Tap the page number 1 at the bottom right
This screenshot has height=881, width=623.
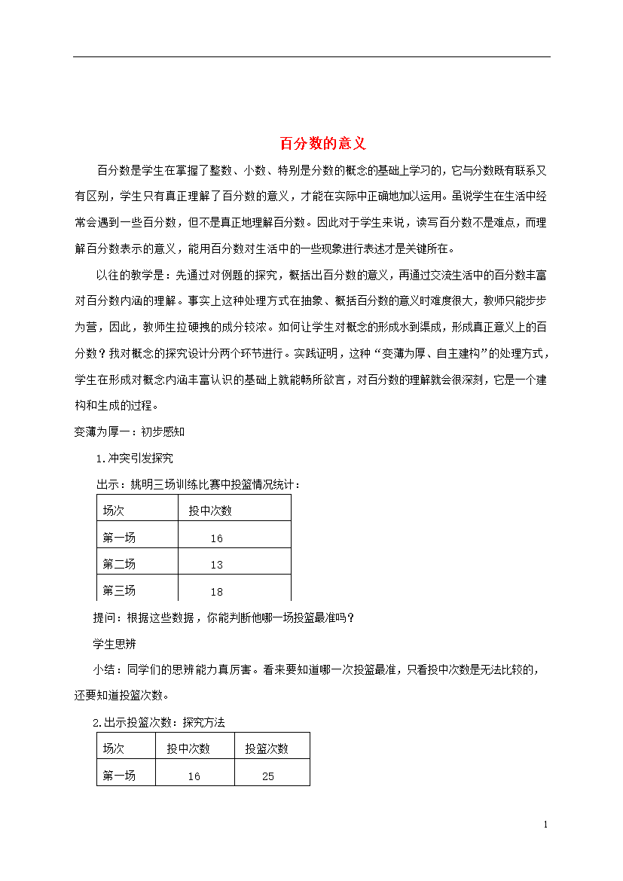coord(545,825)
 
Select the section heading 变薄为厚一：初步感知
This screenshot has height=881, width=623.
coord(129,431)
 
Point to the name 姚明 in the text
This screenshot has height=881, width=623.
coord(141,484)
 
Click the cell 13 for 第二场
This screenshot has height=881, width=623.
coord(217,565)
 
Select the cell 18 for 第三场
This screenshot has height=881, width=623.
coord(217,592)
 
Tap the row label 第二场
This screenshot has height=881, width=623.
coord(119,564)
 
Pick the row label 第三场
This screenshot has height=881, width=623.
coord(119,590)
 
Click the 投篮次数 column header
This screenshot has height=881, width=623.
coord(267,748)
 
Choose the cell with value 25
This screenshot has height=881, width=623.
coord(268,776)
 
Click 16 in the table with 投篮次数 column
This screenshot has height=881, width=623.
coord(194,776)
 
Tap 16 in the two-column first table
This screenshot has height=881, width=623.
coord(217,538)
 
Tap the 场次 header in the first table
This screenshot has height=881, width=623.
coord(113,511)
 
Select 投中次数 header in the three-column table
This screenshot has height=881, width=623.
coord(188,748)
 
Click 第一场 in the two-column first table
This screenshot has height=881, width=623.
coord(119,538)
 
